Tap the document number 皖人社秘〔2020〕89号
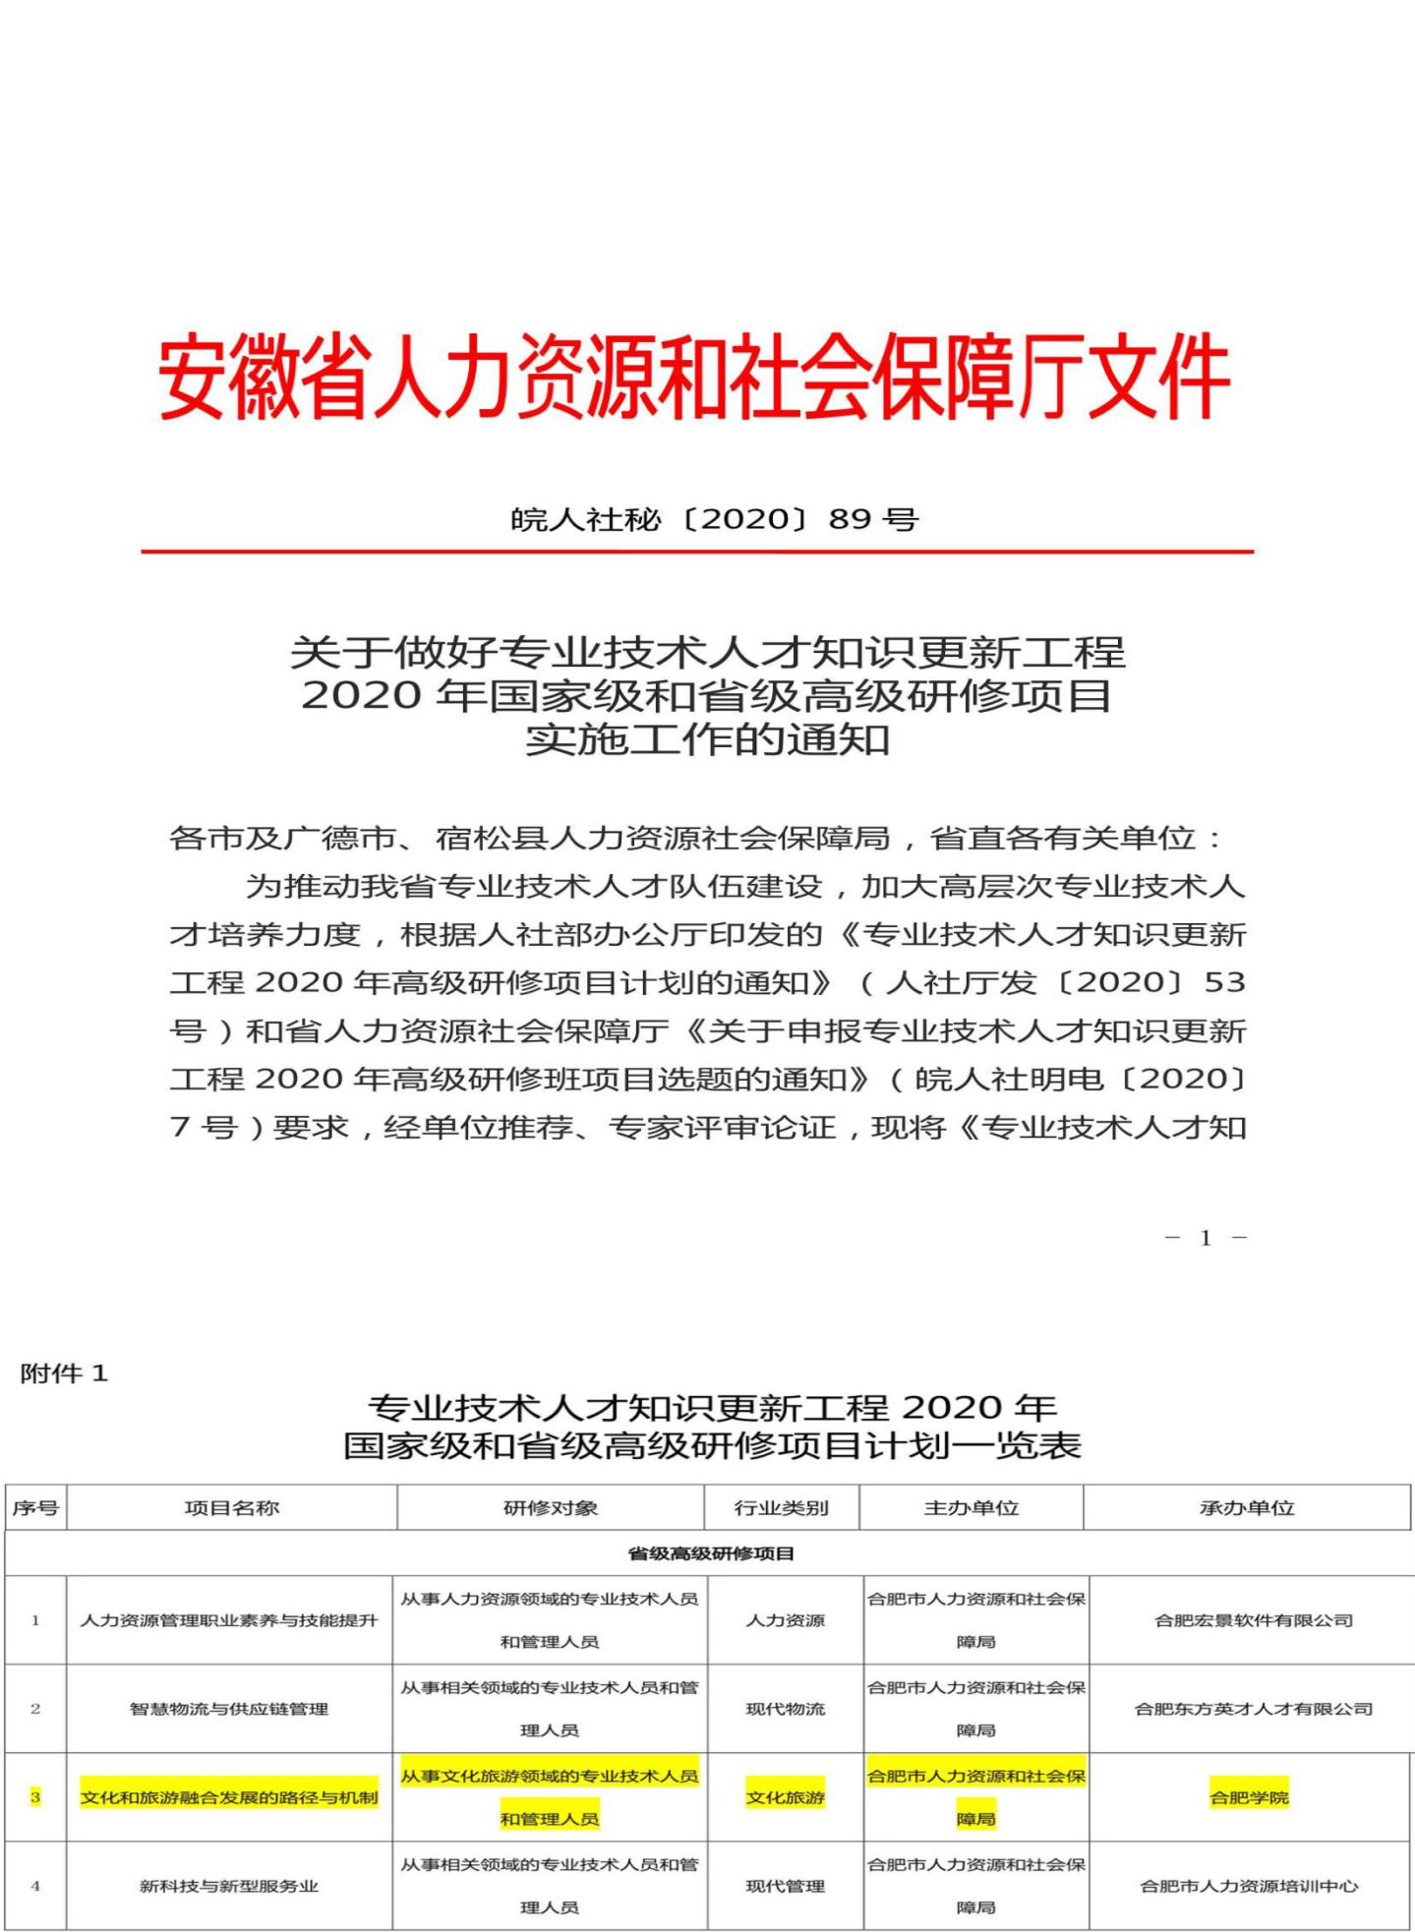point(714,518)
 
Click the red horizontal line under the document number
point(696,552)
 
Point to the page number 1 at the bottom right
point(1206,1238)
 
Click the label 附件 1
point(64,1374)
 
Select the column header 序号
point(35,1507)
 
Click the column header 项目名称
point(232,1507)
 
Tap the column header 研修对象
point(551,1507)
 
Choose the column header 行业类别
point(782,1507)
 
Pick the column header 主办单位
point(972,1507)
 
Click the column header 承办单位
point(1247,1507)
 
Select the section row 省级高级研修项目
point(711,1553)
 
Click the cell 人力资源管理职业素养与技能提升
point(229,1620)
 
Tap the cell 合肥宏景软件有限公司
point(1254,1620)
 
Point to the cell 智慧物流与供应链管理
point(229,1709)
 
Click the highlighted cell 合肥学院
point(1249,1797)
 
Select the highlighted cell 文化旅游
point(785,1797)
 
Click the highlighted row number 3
point(35,1797)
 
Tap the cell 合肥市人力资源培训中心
point(1249,1886)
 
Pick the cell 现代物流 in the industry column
point(785,1709)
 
